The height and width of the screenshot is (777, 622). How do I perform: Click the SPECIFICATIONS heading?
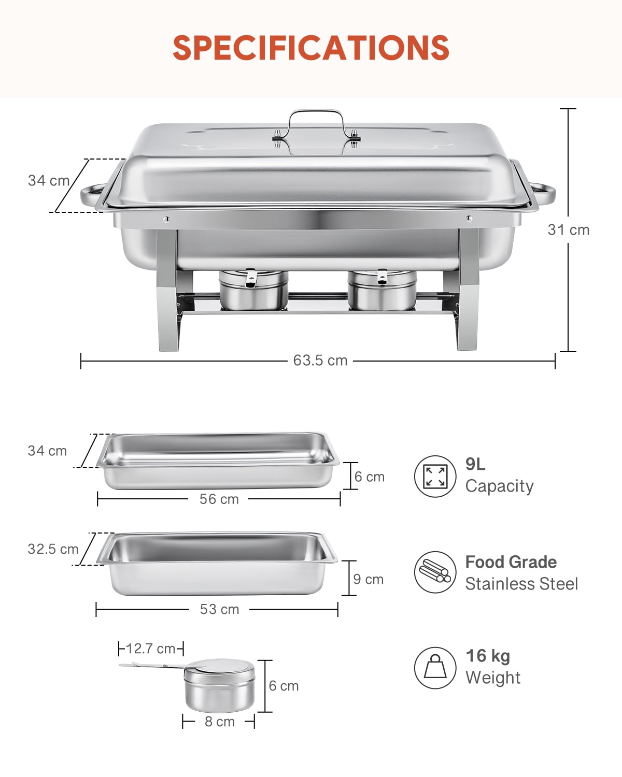(311, 48)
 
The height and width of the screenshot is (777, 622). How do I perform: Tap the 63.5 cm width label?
(320, 361)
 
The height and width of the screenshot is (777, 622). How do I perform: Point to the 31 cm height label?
(569, 229)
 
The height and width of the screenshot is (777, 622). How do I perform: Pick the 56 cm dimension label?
(219, 499)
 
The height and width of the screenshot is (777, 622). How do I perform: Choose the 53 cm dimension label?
(219, 609)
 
